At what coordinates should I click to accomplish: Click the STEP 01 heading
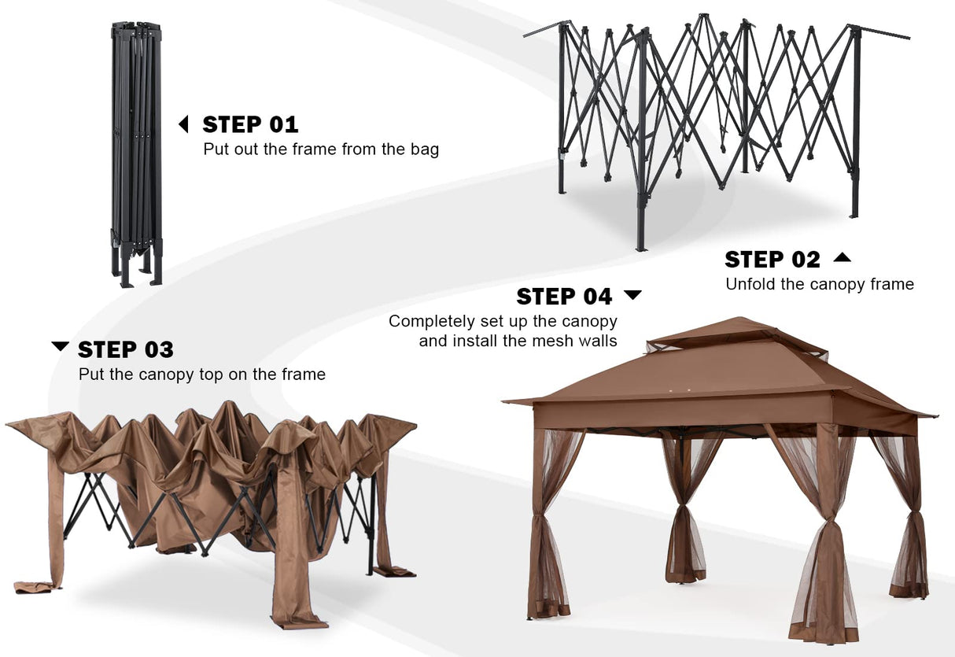250,124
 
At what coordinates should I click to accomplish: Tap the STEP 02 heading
772,259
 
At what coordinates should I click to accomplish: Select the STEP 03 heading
126,349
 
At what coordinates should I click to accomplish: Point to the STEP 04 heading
564,297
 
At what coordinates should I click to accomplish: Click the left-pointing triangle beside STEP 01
184,124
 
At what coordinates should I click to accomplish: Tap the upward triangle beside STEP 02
842,257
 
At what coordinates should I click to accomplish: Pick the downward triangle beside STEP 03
60,346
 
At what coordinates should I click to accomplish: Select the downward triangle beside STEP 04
632,295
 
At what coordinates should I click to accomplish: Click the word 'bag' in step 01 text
423,149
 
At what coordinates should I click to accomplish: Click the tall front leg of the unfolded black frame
642,142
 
